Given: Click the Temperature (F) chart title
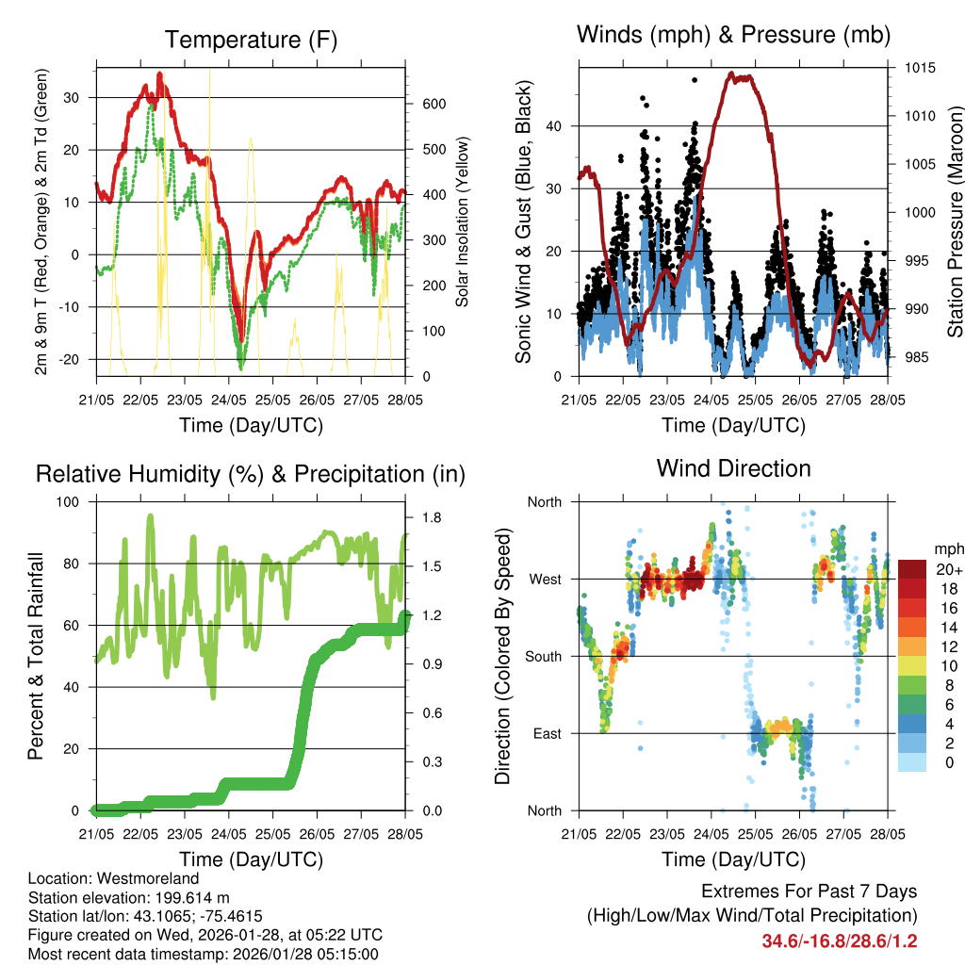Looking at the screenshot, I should pyautogui.click(x=250, y=40).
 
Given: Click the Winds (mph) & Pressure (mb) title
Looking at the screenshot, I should pyautogui.click(x=733, y=35).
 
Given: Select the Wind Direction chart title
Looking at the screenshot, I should pyautogui.click(x=733, y=467).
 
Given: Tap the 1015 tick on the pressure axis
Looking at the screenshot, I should pyautogui.click(x=919, y=69).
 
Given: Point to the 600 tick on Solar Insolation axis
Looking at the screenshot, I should pyautogui.click(x=433, y=104).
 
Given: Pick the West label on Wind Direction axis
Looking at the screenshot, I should pyautogui.click(x=544, y=580).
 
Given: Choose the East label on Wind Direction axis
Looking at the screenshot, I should pyautogui.click(x=545, y=733).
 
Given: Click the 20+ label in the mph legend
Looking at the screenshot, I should pyautogui.click(x=949, y=570).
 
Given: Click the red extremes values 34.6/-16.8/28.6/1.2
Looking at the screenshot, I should pyautogui.click(x=840, y=940).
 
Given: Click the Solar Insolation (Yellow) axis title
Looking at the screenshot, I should pyautogui.click(x=462, y=223).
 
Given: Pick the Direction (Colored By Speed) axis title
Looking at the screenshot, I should pyautogui.click(x=502, y=656).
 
